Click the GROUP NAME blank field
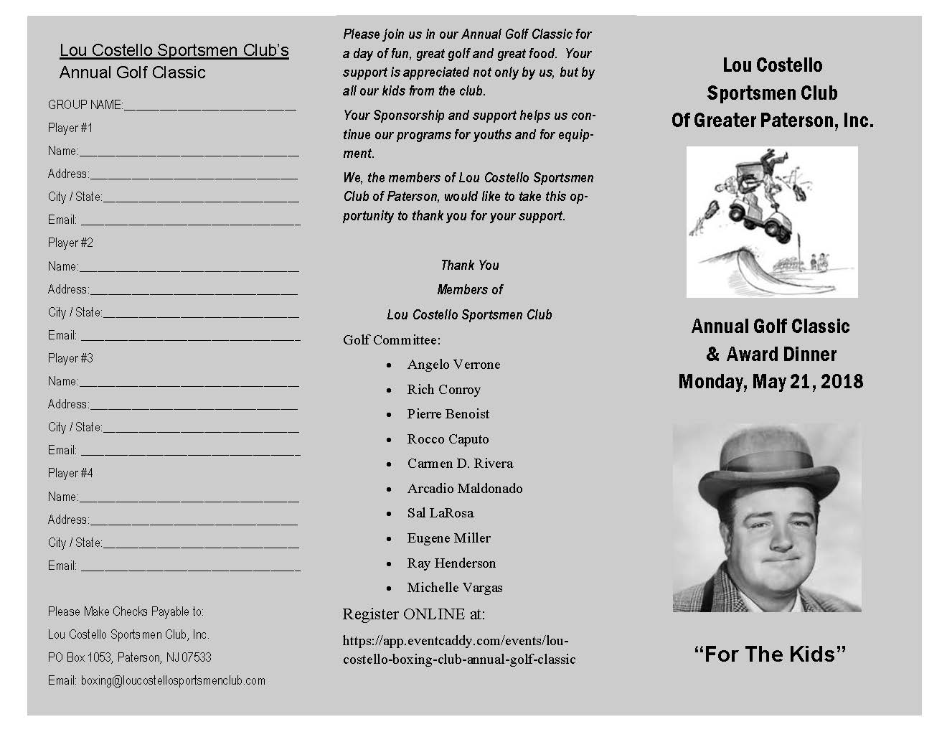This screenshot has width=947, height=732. [209, 106]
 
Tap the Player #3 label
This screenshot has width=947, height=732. [70, 358]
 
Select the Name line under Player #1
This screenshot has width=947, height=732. [189, 151]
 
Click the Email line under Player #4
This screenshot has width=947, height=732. [190, 566]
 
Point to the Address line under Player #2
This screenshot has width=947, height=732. [194, 290]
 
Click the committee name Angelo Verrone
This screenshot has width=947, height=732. [453, 365]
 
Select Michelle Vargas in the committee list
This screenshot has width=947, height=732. [455, 588]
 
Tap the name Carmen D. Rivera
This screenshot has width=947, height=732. [460, 464]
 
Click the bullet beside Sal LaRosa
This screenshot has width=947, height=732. [389, 514]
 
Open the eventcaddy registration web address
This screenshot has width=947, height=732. [459, 649]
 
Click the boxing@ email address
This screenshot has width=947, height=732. [173, 680]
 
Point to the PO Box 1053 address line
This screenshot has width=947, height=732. [130, 657]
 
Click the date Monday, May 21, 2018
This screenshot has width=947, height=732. [771, 382]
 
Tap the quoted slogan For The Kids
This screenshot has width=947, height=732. [771, 654]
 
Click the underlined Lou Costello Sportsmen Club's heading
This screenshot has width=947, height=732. [174, 50]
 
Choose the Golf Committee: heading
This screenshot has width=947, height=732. [392, 340]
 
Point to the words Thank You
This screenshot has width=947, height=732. [470, 266]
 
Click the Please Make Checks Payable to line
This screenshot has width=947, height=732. [126, 611]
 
